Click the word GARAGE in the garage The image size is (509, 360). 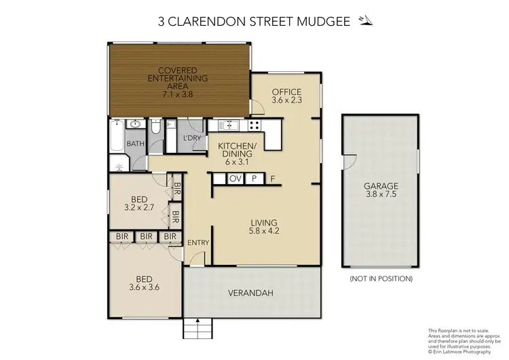point(380,185)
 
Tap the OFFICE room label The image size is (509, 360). point(286,92)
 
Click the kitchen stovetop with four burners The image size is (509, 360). point(255,125)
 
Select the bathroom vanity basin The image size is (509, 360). point(134,125)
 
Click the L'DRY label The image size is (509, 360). point(192,139)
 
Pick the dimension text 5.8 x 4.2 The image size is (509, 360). point(265,230)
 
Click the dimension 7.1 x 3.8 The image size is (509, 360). point(177,94)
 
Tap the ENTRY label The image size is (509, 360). point(198,242)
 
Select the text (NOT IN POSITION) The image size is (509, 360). point(381,278)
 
